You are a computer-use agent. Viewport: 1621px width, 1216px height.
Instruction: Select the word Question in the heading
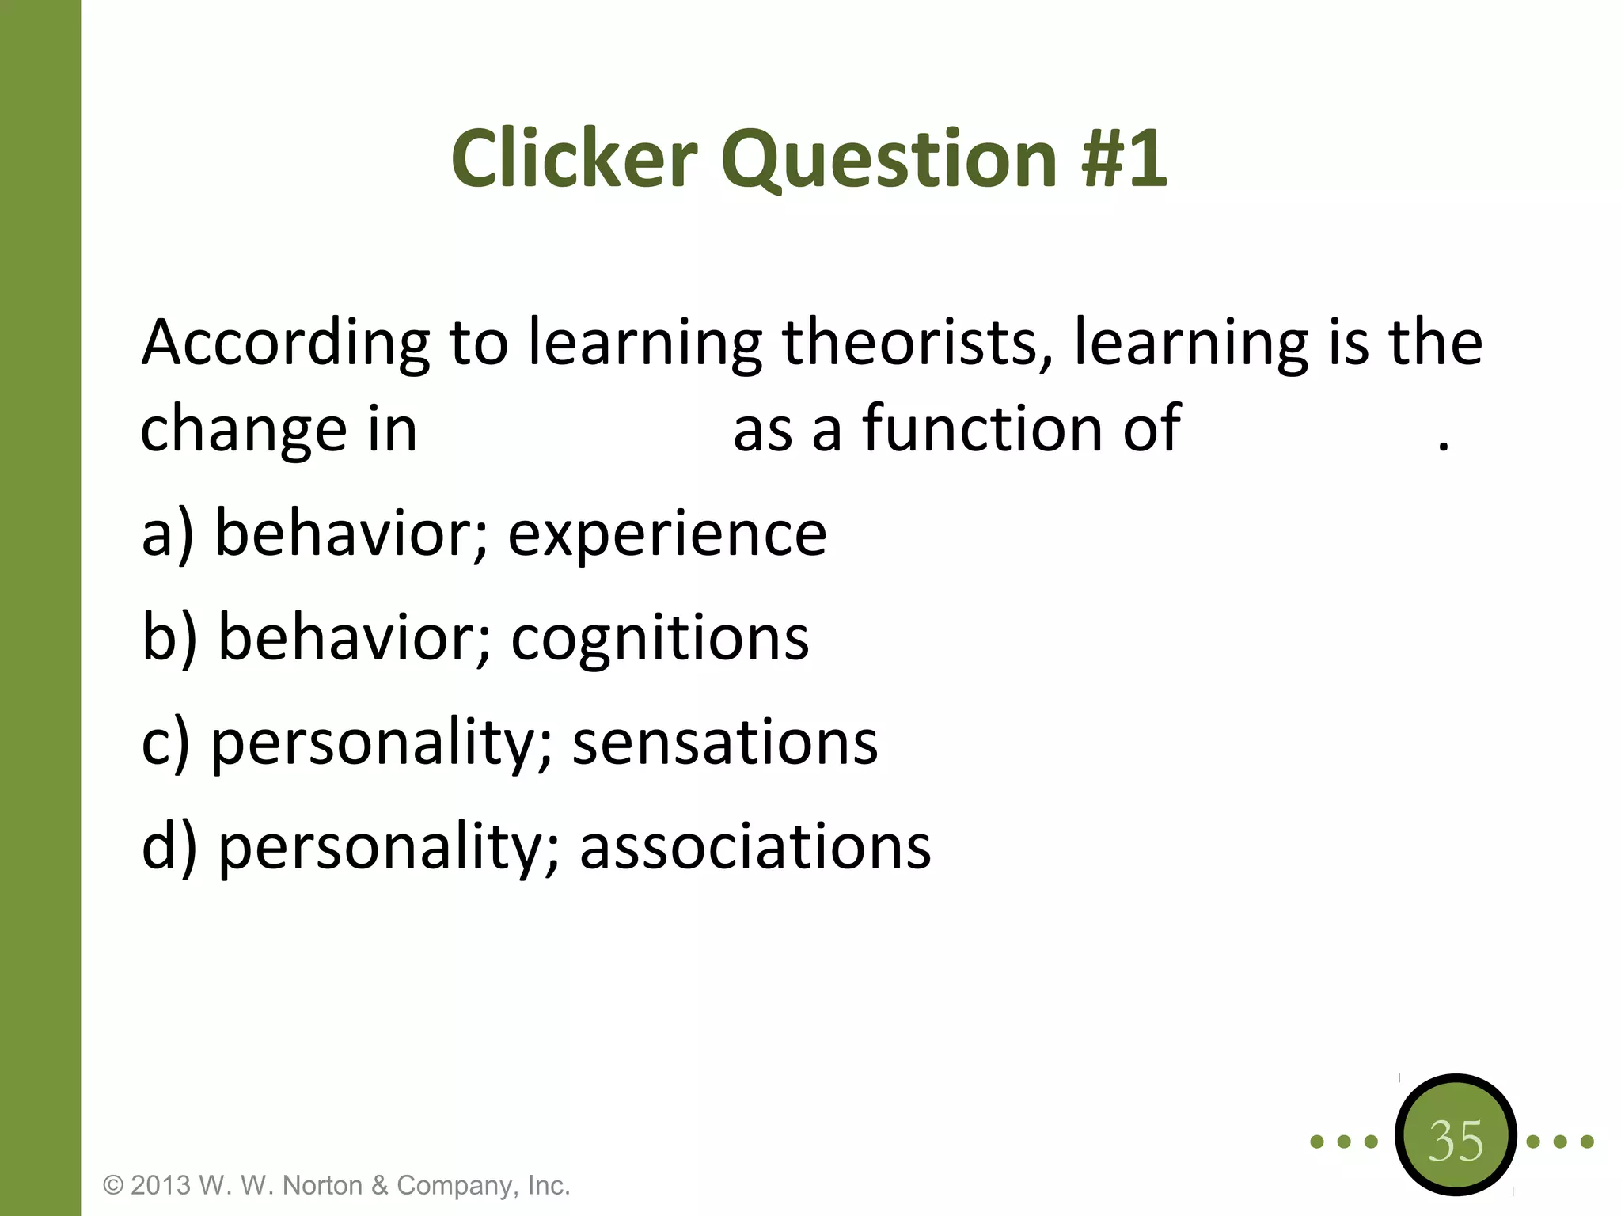pos(889,161)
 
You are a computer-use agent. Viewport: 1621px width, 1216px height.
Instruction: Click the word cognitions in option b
pos(659,640)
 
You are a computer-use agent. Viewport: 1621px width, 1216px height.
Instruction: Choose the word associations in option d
pos(755,847)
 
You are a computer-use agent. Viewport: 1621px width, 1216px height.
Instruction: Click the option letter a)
pos(167,534)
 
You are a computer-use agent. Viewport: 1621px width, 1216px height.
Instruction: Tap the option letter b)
pos(169,638)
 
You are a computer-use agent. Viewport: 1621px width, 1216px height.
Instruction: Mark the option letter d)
pos(169,847)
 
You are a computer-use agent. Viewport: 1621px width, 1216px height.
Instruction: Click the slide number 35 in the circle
pos(1455,1141)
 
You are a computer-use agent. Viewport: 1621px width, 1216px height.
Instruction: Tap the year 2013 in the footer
pos(161,1185)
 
